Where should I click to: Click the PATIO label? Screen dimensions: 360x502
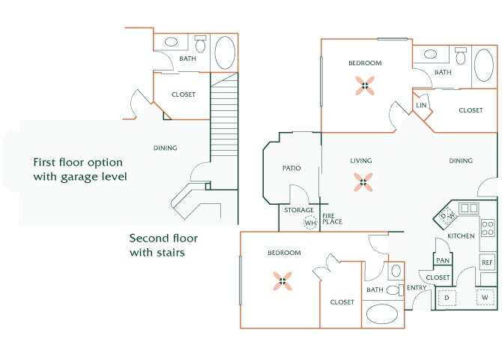(x=291, y=168)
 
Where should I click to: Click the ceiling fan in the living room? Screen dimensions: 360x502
(x=363, y=180)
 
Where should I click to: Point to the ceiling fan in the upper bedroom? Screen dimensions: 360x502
(x=365, y=85)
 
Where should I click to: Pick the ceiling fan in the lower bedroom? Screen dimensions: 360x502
(x=284, y=281)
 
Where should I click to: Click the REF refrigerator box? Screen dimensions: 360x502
(x=487, y=262)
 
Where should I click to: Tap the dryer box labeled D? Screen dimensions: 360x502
(x=447, y=298)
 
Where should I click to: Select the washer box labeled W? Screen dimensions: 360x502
(x=485, y=298)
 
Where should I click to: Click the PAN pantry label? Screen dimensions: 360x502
(x=443, y=260)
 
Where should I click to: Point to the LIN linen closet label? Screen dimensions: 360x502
(x=421, y=106)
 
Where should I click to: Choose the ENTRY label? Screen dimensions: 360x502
(x=417, y=288)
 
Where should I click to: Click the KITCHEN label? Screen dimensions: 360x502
(x=462, y=236)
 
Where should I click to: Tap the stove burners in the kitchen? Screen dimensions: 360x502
(x=487, y=228)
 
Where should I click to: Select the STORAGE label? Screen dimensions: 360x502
(x=298, y=210)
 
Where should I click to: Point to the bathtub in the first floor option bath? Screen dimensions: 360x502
(x=225, y=52)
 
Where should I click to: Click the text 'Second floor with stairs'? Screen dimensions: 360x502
(x=163, y=245)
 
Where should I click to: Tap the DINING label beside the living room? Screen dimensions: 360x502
(x=461, y=160)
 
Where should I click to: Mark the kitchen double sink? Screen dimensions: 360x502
(x=470, y=208)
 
